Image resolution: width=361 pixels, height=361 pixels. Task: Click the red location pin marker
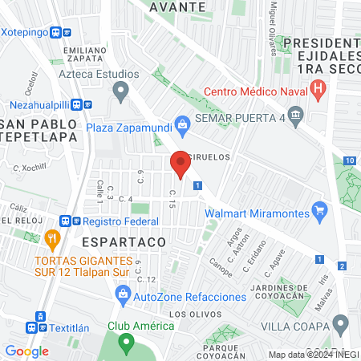click(x=180, y=164)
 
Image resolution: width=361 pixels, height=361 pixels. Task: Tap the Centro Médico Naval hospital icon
click(x=318, y=89)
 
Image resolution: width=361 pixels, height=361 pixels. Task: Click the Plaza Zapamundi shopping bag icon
click(x=183, y=124)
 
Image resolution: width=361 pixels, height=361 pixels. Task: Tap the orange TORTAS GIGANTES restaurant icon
click(x=53, y=237)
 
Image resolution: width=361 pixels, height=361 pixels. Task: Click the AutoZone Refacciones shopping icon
click(x=123, y=296)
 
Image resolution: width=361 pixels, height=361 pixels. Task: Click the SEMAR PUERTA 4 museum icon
click(x=297, y=119)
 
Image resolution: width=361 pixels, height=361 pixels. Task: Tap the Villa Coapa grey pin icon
click(x=341, y=324)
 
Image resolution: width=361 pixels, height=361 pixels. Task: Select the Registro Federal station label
click(x=120, y=221)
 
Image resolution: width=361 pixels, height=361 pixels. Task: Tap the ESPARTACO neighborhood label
click(x=124, y=241)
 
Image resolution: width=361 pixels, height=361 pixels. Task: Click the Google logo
click(x=26, y=351)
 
